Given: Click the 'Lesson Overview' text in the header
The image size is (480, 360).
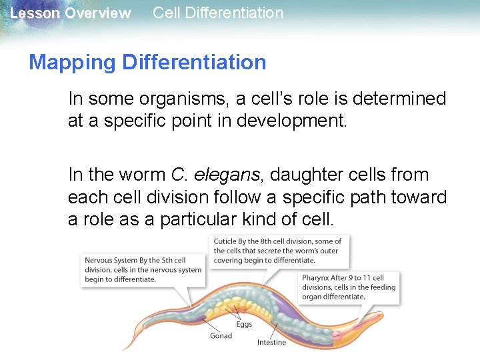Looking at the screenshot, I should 71,13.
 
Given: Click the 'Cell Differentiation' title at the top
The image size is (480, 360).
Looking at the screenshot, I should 218,13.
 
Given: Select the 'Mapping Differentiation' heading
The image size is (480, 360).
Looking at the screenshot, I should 147,62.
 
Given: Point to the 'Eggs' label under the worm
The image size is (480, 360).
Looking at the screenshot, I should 244,324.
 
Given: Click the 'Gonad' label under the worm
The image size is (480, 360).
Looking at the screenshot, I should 221,335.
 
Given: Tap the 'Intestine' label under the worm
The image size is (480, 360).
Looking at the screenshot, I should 271,342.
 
